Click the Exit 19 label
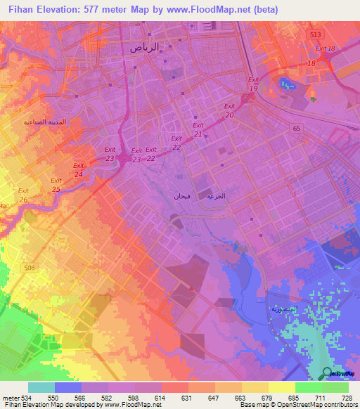tap(254, 85)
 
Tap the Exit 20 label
tap(229, 110)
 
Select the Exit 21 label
tap(198, 129)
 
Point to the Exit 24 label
tap(79, 170)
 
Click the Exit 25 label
tap(56, 185)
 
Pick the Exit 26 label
tap(23, 195)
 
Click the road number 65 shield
tap(297, 129)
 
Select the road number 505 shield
tap(29, 267)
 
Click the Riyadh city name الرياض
tap(144, 47)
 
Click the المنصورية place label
tap(285, 309)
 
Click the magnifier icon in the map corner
tap(327, 372)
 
